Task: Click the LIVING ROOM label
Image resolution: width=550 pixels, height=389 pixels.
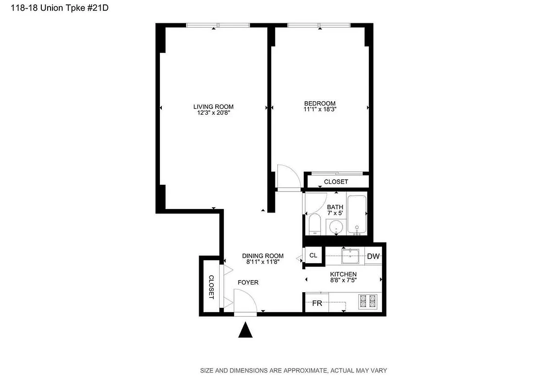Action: [x=213, y=107]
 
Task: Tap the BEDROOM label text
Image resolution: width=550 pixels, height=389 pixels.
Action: [x=320, y=103]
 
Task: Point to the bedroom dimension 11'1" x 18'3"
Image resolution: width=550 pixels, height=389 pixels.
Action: [x=320, y=109]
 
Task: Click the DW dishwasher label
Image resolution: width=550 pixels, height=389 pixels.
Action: [x=373, y=256]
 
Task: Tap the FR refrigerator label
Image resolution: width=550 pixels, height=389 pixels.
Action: [x=317, y=303]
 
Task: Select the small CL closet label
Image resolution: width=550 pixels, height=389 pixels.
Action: [x=313, y=255]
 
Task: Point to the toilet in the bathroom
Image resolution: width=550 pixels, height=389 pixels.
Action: [x=314, y=225]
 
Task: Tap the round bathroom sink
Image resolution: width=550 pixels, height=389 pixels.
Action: [x=336, y=227]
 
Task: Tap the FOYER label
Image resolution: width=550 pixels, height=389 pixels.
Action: [x=248, y=283]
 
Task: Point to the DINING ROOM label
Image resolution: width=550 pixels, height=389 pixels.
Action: [x=263, y=256]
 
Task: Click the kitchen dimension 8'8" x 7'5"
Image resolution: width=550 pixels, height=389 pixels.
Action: [x=344, y=281]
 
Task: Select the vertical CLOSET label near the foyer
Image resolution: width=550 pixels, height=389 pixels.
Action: [x=211, y=287]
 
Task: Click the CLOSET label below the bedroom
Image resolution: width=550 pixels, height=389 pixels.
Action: [x=336, y=182]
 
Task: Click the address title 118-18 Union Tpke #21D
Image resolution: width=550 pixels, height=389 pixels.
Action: [x=54, y=9]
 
